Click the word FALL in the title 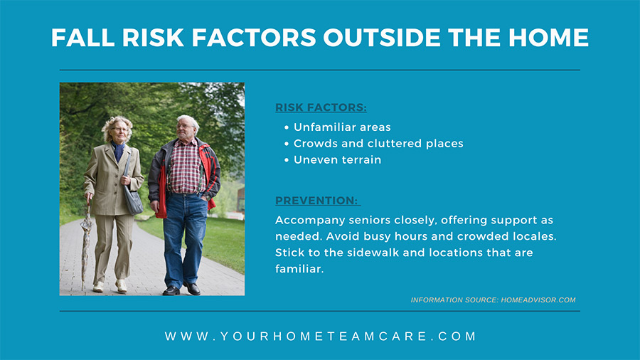[83, 38]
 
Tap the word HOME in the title [548, 38]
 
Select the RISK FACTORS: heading [321, 107]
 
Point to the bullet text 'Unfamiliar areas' [342, 127]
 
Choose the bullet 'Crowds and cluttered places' [378, 143]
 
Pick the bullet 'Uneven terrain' [337, 159]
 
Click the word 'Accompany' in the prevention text [310, 221]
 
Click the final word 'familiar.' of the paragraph [299, 268]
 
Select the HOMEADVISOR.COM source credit [538, 300]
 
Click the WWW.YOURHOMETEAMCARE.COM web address [321, 337]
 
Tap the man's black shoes [181, 290]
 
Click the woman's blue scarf [118, 151]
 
